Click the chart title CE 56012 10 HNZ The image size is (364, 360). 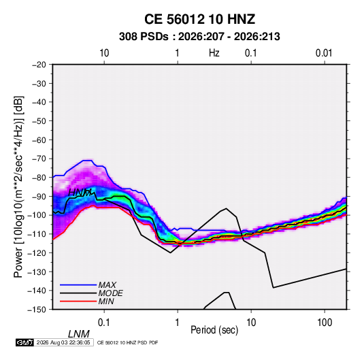pos(199,19)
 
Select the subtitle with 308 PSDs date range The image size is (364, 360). pos(199,37)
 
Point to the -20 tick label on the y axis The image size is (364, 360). pos(39,65)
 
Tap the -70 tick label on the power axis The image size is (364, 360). pos(39,159)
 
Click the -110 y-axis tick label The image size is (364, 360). pos(37,234)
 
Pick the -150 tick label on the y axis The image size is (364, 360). pos(37,309)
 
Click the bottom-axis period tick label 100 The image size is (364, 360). pos(325,323)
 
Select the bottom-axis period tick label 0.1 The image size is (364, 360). pos(104,323)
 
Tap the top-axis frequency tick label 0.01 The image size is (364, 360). pos(324,53)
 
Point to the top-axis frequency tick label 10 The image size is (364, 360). pos(104,53)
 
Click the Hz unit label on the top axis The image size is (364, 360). pos(214,53)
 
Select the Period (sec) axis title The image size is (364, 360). pos(214,330)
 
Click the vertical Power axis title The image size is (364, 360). pos(18,187)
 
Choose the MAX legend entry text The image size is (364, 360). pos(107,284)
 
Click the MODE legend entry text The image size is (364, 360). pos(110,293)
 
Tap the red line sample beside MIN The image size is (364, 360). pos(78,301)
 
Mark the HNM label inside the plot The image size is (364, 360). pos(80,193)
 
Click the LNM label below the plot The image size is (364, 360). pos(79,334)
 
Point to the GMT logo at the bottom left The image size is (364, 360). pos(25,342)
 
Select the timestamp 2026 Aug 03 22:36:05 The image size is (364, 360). pos(63,342)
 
